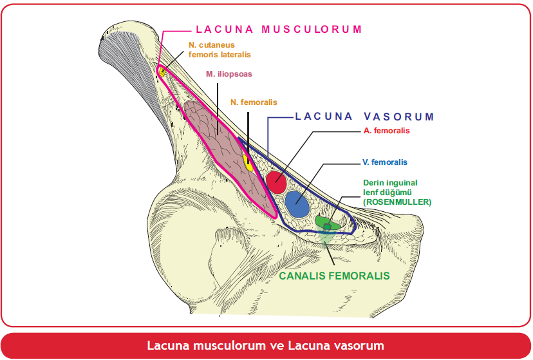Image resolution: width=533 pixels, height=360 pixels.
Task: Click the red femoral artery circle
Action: [276, 182]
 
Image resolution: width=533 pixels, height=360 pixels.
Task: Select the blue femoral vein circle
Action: [297, 204]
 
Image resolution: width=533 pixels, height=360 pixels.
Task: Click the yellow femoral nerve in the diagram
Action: [248, 161]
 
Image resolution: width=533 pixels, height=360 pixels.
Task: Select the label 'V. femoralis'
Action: [384, 162]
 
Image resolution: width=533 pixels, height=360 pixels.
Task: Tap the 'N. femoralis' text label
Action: [254, 102]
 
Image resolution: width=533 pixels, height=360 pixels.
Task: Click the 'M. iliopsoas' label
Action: [229, 74]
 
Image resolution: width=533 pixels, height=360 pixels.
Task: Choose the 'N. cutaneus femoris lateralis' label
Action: [220, 50]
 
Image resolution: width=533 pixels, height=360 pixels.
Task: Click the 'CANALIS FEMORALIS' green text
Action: [335, 276]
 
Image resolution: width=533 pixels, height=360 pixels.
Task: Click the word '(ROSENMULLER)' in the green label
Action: [397, 202]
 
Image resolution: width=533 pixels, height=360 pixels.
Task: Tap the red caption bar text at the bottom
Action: [265, 346]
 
